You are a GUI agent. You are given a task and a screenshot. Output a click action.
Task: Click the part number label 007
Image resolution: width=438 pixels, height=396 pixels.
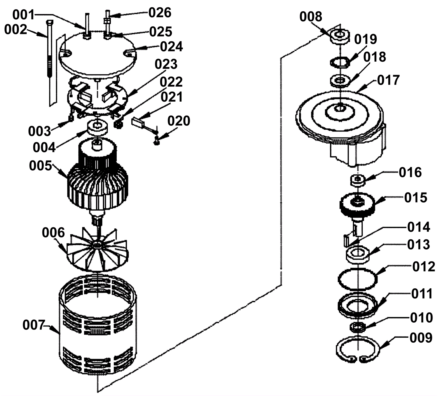33,326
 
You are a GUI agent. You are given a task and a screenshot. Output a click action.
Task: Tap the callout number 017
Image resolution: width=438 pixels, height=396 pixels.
388,80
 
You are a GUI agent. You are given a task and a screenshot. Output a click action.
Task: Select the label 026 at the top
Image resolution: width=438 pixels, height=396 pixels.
160,13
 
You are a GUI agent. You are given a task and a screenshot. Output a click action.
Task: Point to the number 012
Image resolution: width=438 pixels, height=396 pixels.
423,267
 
